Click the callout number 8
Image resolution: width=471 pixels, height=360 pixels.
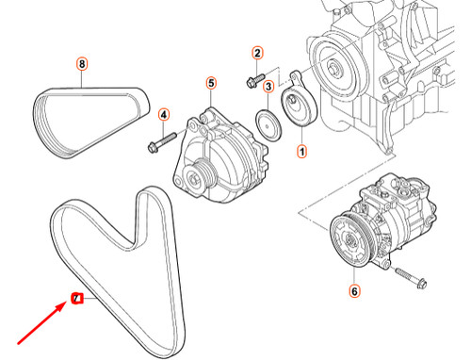tap(82, 64)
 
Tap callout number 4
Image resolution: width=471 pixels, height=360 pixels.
tap(163, 115)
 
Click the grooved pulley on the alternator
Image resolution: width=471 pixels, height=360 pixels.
tap(200, 173)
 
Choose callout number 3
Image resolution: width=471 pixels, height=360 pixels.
tap(268, 87)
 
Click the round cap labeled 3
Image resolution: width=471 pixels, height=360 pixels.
tap(269, 125)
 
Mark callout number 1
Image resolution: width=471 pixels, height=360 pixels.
tap(302, 150)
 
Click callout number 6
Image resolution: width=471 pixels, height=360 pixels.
tap(354, 291)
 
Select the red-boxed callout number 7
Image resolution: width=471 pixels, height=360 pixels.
tap(78, 300)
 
